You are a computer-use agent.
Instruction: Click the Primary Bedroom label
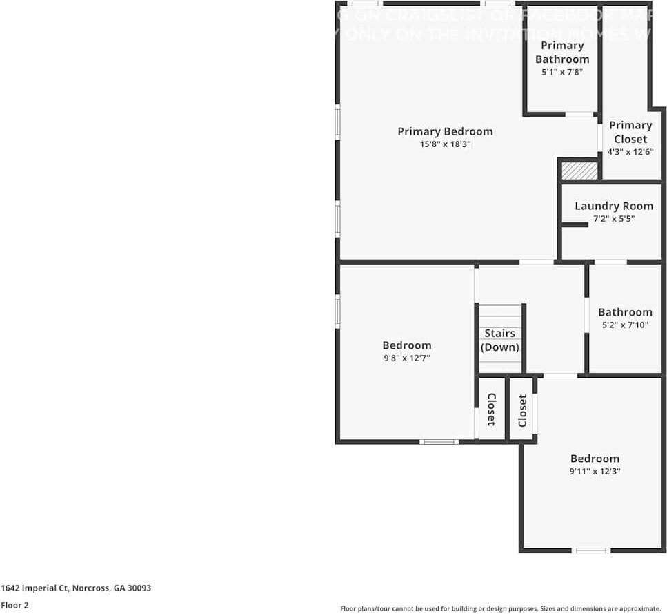445,131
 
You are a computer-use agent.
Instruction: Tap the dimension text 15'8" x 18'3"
445,145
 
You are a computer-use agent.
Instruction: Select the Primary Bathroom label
562,52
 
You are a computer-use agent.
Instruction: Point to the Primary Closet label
630,131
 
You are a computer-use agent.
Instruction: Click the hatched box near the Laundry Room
579,171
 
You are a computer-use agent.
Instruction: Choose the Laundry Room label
613,206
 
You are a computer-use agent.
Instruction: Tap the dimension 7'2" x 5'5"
613,219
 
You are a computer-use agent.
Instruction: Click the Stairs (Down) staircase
500,339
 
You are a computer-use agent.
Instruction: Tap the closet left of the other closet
491,409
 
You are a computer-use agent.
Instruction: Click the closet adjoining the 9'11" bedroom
522,410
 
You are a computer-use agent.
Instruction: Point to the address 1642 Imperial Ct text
76,588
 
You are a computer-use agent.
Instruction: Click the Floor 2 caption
14,606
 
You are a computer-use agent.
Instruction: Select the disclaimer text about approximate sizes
501,608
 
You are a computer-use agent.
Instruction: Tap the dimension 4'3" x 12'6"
630,152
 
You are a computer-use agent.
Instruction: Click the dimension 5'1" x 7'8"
562,71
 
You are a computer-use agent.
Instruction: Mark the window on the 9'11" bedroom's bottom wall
591,550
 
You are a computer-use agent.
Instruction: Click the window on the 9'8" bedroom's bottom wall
439,442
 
